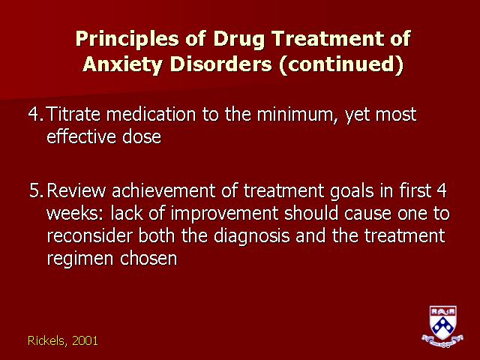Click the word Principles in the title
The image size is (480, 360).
point(127,40)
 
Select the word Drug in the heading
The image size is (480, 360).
point(238,40)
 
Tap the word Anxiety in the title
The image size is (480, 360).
point(122,65)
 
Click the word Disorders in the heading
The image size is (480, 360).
point(220,64)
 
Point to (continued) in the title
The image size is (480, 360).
point(341,65)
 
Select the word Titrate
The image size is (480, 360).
point(73,114)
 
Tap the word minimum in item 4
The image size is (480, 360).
point(298,115)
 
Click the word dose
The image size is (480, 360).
point(142,136)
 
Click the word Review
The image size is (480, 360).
point(76,190)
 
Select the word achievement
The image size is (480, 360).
point(163,190)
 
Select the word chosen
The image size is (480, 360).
point(148,258)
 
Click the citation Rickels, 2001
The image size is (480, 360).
point(63,340)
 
